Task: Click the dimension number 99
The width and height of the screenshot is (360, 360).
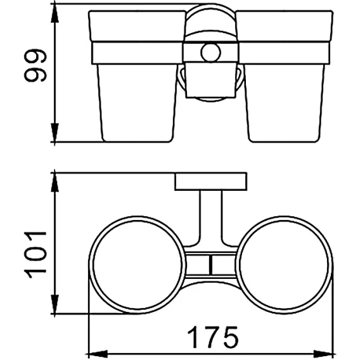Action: [x=35, y=65]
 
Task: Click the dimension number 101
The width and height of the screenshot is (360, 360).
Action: [x=35, y=255]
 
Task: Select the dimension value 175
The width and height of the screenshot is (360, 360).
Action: [x=213, y=337]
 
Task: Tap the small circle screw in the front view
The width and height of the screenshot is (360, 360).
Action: [x=210, y=53]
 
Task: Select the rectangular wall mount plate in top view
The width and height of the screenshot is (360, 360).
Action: [x=211, y=181]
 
